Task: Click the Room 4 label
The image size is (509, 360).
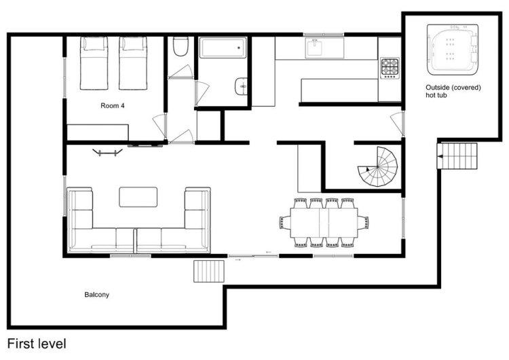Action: click(x=112, y=105)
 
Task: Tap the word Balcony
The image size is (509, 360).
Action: click(x=97, y=295)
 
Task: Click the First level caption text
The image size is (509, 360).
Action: click(x=37, y=344)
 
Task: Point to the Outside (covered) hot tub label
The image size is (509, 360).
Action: click(x=453, y=91)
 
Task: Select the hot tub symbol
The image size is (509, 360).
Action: click(x=453, y=50)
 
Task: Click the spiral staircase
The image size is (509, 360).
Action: click(x=378, y=166)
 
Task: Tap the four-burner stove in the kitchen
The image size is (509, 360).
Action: click(x=390, y=69)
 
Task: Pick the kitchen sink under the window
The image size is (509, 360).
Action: click(x=314, y=48)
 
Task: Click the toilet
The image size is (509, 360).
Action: click(x=181, y=46)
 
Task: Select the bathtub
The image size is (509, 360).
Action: click(x=223, y=48)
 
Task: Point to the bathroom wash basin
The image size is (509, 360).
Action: click(x=240, y=86)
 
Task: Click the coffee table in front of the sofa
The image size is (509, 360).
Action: click(x=138, y=197)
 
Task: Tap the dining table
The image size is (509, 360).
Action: click(x=324, y=223)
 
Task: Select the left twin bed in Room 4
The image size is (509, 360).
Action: click(x=94, y=63)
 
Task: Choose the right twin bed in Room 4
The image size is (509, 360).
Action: click(x=133, y=63)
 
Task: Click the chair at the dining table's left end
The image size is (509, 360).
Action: click(x=284, y=223)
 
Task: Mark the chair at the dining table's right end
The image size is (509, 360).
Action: click(x=363, y=223)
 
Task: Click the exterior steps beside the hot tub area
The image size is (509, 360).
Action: click(x=457, y=156)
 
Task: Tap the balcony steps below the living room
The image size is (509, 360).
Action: click(x=209, y=271)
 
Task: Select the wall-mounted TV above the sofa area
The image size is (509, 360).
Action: click(x=107, y=152)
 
